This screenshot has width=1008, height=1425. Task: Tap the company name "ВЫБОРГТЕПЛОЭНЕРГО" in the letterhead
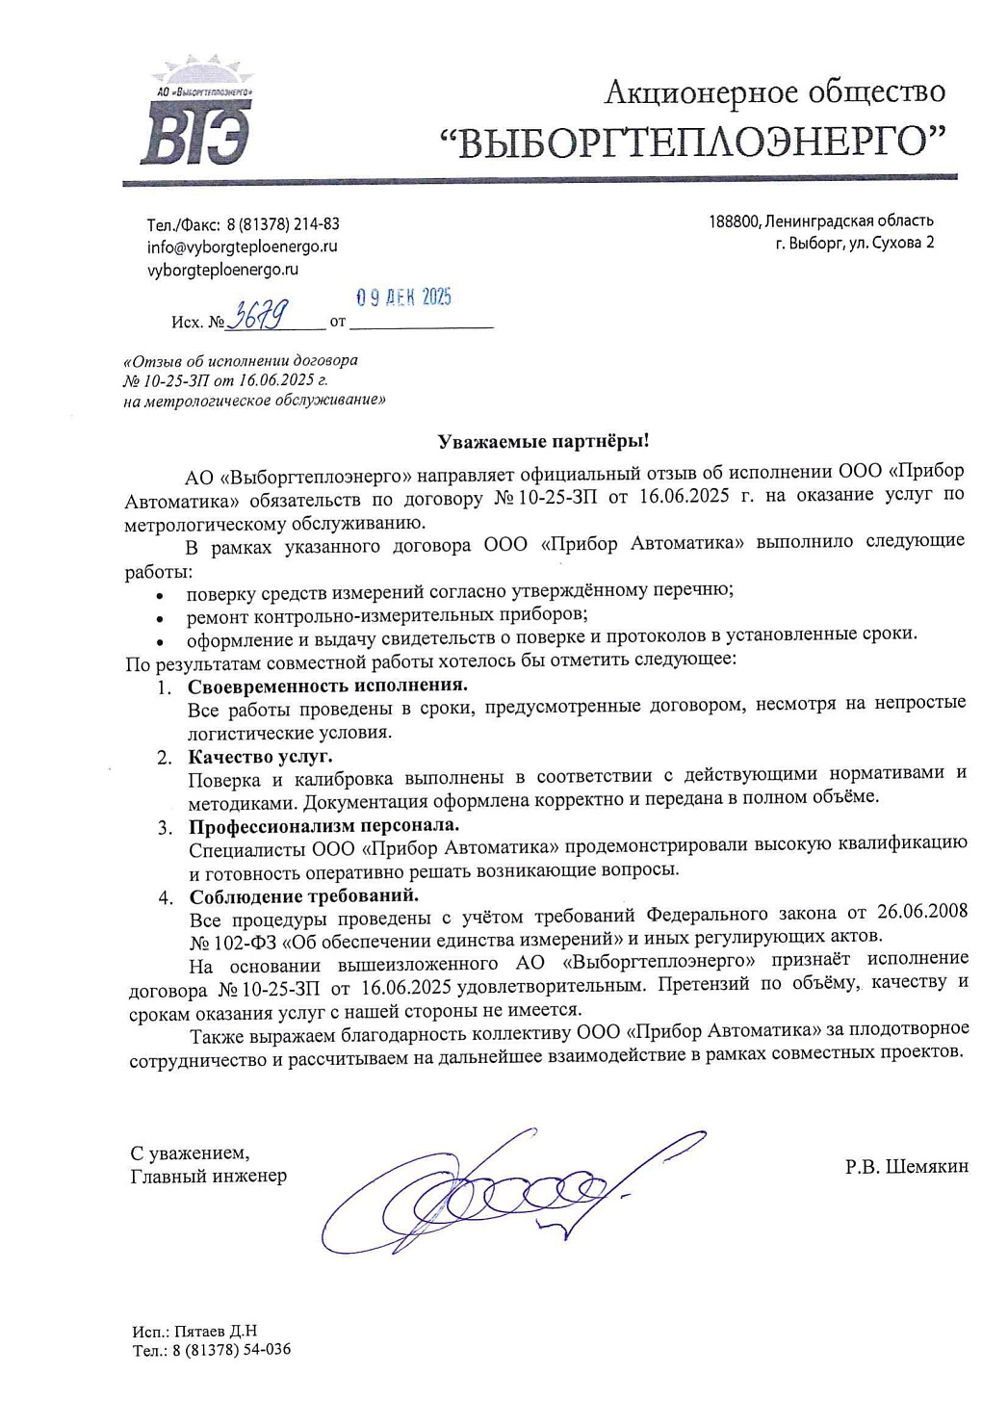(x=692, y=142)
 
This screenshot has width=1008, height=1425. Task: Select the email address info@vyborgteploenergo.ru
(x=242, y=246)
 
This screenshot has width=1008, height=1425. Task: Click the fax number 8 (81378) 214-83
(x=282, y=223)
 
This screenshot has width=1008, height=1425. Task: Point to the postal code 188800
(x=734, y=221)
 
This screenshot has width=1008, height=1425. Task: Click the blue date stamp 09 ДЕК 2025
(x=403, y=298)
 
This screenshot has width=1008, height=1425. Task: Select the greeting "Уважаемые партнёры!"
(x=543, y=441)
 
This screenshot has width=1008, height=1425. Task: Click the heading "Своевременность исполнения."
(x=327, y=686)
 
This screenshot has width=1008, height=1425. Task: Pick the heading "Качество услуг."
(x=260, y=756)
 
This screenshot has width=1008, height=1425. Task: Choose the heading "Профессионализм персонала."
(x=323, y=826)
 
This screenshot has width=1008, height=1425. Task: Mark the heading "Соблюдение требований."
(x=303, y=896)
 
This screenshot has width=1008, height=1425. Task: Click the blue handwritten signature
(x=501, y=1189)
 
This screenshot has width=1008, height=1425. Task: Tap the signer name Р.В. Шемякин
(x=906, y=1167)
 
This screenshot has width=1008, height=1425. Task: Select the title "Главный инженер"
(x=208, y=1176)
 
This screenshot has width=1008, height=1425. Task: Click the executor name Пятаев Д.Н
(x=216, y=1332)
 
